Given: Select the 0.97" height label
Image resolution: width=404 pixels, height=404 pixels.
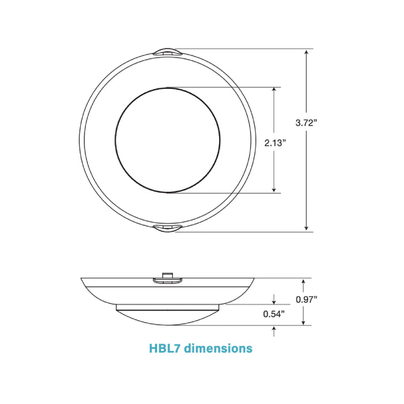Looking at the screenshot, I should pos(306,299).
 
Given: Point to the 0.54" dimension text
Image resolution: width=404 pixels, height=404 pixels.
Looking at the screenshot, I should pos(274,315).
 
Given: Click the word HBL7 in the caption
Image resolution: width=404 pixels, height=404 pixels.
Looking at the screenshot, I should pos(166,349).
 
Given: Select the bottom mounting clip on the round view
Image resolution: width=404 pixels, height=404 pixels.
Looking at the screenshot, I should pos(167,229).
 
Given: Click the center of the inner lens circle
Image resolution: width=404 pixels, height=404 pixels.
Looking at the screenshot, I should pos(167,140).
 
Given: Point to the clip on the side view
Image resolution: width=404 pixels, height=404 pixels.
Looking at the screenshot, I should pos(167,280).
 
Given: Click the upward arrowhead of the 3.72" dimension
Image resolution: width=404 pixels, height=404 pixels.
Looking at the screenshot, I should pos(307,53).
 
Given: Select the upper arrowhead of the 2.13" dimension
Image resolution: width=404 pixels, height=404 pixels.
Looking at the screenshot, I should pos(274,91).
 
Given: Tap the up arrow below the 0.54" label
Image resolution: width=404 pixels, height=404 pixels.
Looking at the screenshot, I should pos(274,330).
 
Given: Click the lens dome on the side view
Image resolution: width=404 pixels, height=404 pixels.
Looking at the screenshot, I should pos(167,315).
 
